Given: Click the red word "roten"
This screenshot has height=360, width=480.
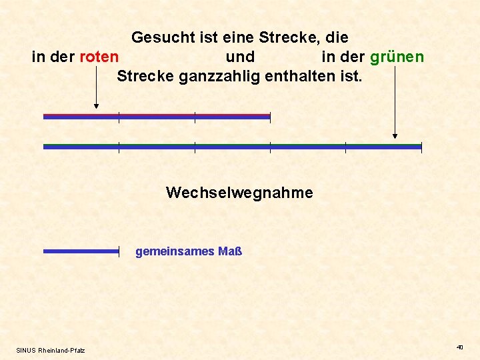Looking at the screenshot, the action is pyautogui.click(x=99, y=57).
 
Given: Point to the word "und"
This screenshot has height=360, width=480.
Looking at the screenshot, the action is pyautogui.click(x=240, y=57).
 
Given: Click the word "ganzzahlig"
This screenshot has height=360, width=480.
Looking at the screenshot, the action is pyautogui.click(x=219, y=76).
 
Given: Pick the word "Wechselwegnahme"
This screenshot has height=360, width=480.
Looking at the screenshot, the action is pyautogui.click(x=239, y=193).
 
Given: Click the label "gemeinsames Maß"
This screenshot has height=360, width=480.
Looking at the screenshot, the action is pyautogui.click(x=189, y=251).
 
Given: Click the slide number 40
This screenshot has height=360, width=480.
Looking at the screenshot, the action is pyautogui.click(x=459, y=347).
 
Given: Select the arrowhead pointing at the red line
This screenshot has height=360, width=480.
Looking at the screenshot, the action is pyautogui.click(x=97, y=105).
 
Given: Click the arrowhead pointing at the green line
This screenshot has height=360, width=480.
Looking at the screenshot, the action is pyautogui.click(x=395, y=135).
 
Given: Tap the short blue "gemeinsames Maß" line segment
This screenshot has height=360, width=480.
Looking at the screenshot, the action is pyautogui.click(x=81, y=251).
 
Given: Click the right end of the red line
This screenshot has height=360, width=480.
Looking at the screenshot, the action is pyautogui.click(x=269, y=117).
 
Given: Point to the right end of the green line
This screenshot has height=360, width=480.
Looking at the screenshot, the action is pyautogui.click(x=421, y=147).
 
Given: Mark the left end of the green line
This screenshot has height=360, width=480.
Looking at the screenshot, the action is pyautogui.click(x=45, y=147).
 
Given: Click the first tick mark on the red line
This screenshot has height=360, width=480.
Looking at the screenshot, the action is pyautogui.click(x=119, y=117).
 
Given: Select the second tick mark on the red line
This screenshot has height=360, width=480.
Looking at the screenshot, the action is pyautogui.click(x=195, y=117).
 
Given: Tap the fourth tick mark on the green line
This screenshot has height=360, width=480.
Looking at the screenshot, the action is pyautogui.click(x=345, y=147).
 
